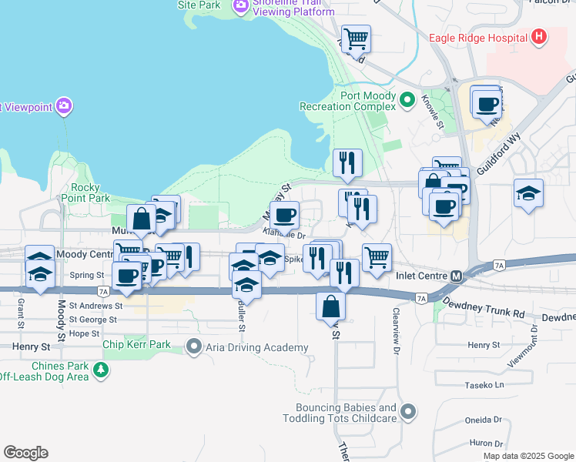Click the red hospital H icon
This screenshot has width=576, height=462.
coord(539,36)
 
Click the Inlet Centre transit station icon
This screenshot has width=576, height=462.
coord(457,276)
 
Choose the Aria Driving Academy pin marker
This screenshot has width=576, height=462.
coord(194,347)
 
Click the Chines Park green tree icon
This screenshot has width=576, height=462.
coord(100,372)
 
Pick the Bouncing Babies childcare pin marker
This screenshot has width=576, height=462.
coord(408,413)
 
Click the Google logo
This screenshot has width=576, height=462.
coord(25,453)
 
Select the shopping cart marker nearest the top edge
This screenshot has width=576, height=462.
coord(357,38)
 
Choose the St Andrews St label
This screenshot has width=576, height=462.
coord(95,306)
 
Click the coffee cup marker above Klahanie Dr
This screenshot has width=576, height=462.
coord(285,216)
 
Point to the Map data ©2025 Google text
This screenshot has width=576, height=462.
coord(527,456)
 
